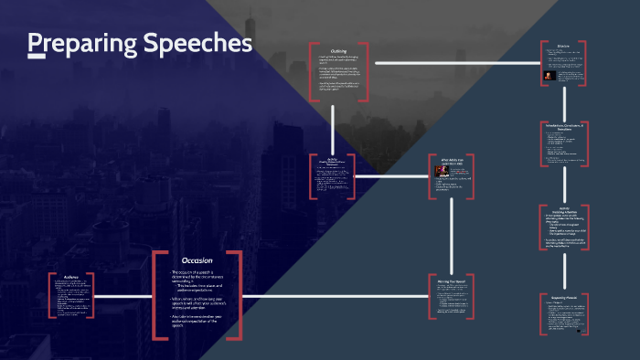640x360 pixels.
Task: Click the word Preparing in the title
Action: (x=78, y=44)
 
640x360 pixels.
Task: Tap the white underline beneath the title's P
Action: (x=37, y=57)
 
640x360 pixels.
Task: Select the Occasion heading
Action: (x=197, y=260)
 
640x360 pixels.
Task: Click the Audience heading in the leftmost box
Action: (x=71, y=275)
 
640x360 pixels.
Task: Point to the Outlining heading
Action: (x=338, y=50)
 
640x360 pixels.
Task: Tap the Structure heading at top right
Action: (x=563, y=46)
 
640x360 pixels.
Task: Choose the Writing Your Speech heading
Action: (x=453, y=280)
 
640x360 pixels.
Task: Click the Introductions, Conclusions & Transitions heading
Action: (x=563, y=126)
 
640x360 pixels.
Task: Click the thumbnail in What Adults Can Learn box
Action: (x=441, y=171)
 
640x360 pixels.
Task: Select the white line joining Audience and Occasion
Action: (x=123, y=295)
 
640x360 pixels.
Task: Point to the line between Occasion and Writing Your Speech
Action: (x=334, y=295)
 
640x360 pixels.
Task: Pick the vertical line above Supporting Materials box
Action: (x=564, y=265)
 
